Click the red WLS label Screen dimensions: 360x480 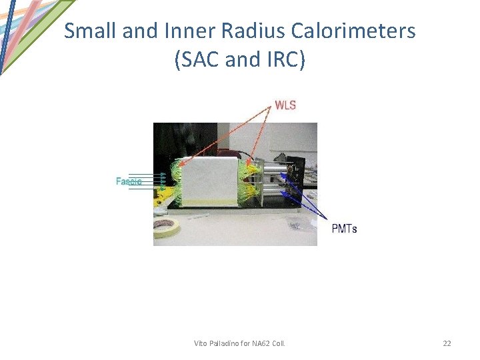285,105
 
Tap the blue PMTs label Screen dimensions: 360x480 345,229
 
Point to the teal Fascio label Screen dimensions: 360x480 129,181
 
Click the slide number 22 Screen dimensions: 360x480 447,343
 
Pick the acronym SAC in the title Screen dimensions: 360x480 199,60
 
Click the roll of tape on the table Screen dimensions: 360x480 167,227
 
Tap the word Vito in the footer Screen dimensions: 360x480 201,343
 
